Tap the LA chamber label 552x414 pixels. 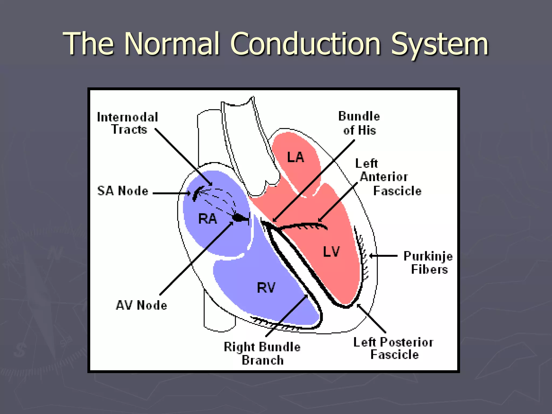click(x=295, y=157)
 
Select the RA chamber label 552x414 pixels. click(x=207, y=219)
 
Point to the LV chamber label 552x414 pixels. click(x=331, y=252)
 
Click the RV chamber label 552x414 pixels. click(x=266, y=288)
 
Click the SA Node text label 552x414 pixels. click(x=123, y=191)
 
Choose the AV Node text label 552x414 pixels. click(x=142, y=305)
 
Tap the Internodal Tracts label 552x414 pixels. click(x=127, y=123)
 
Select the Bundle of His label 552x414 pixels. click(x=359, y=123)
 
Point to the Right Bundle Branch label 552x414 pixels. click(x=262, y=353)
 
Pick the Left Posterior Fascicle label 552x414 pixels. click(x=394, y=348)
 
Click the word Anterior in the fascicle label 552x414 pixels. click(x=384, y=177)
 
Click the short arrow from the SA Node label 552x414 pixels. click(x=171, y=193)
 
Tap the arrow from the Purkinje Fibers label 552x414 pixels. click(x=383, y=256)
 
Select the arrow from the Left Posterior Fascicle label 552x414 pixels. click(x=371, y=318)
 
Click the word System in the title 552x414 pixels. click(x=440, y=44)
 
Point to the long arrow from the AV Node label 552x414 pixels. click(x=196, y=259)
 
